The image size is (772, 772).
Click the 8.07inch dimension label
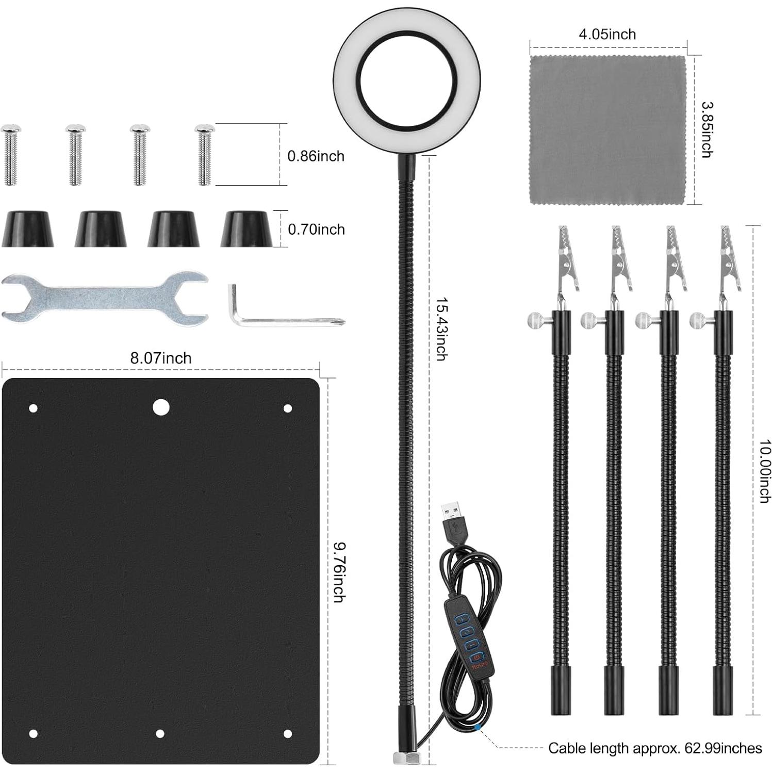[x=160, y=358]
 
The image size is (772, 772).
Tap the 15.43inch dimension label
[x=441, y=328]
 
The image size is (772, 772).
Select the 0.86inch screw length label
[x=316, y=156]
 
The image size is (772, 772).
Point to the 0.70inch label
[x=316, y=229]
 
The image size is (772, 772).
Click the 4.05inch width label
[x=607, y=34]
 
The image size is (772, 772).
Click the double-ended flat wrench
[x=105, y=298]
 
